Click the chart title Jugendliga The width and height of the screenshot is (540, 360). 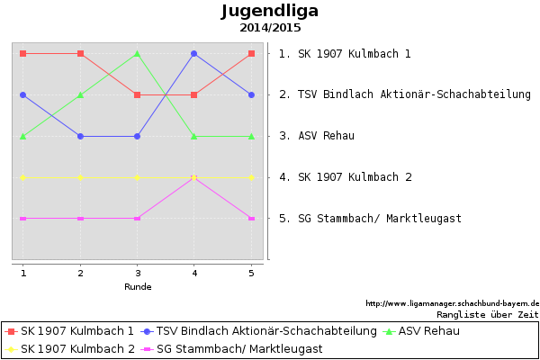click(270, 12)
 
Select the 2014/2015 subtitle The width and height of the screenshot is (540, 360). click(270, 28)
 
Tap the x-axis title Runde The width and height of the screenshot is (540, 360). click(138, 287)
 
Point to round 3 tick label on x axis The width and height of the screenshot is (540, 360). click(138, 273)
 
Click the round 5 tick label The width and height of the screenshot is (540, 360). click(251, 273)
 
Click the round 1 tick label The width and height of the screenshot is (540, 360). click(23, 273)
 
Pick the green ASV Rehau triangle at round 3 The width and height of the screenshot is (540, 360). click(138, 53)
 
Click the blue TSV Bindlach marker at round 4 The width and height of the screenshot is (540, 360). click(194, 54)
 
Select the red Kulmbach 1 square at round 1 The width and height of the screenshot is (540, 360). click(23, 54)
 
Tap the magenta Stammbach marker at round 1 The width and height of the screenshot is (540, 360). click(23, 219)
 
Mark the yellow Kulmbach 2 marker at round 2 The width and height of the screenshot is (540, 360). click(81, 177)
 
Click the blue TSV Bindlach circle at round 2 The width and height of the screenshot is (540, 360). click(81, 137)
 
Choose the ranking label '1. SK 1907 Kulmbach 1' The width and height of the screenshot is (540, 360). click(345, 54)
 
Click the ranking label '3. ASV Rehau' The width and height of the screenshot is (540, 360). click(317, 136)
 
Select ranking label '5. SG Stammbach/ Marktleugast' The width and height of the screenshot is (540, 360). click(370, 219)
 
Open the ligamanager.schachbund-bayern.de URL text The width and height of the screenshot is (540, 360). click(452, 303)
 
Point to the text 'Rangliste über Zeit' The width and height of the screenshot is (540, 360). click(487, 315)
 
